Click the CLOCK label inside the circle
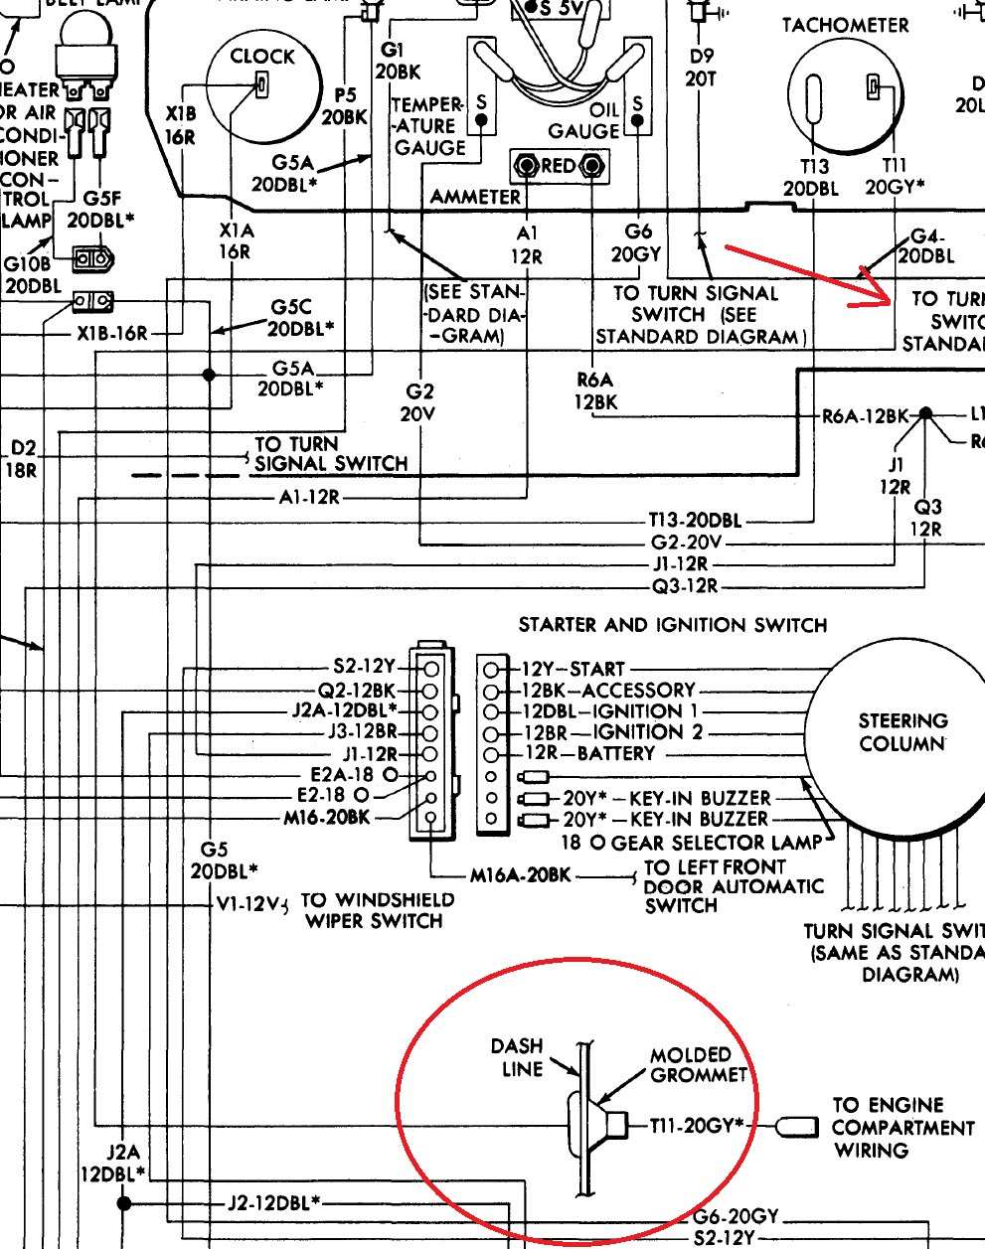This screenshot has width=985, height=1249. pos(262,57)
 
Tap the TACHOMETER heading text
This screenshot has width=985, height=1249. pos(845,25)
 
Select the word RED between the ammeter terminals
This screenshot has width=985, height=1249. pos(559,166)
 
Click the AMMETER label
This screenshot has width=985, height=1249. pos(475,197)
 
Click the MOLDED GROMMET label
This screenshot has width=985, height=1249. pos(697,1064)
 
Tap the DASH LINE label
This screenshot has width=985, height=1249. pos(517,1057)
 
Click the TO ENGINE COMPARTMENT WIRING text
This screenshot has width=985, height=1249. pos(903,1128)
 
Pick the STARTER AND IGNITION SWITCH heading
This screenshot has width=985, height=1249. pos(672,625)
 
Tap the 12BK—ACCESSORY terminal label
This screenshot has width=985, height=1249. pos(609,690)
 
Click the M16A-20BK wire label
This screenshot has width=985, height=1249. pos(521,875)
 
